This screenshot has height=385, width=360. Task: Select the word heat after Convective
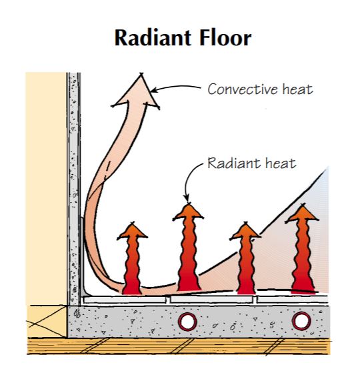[x=297, y=89]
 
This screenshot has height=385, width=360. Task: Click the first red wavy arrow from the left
[x=133, y=260]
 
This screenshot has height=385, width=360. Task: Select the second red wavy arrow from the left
[x=187, y=250]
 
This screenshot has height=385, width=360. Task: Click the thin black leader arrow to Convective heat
[x=177, y=87]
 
